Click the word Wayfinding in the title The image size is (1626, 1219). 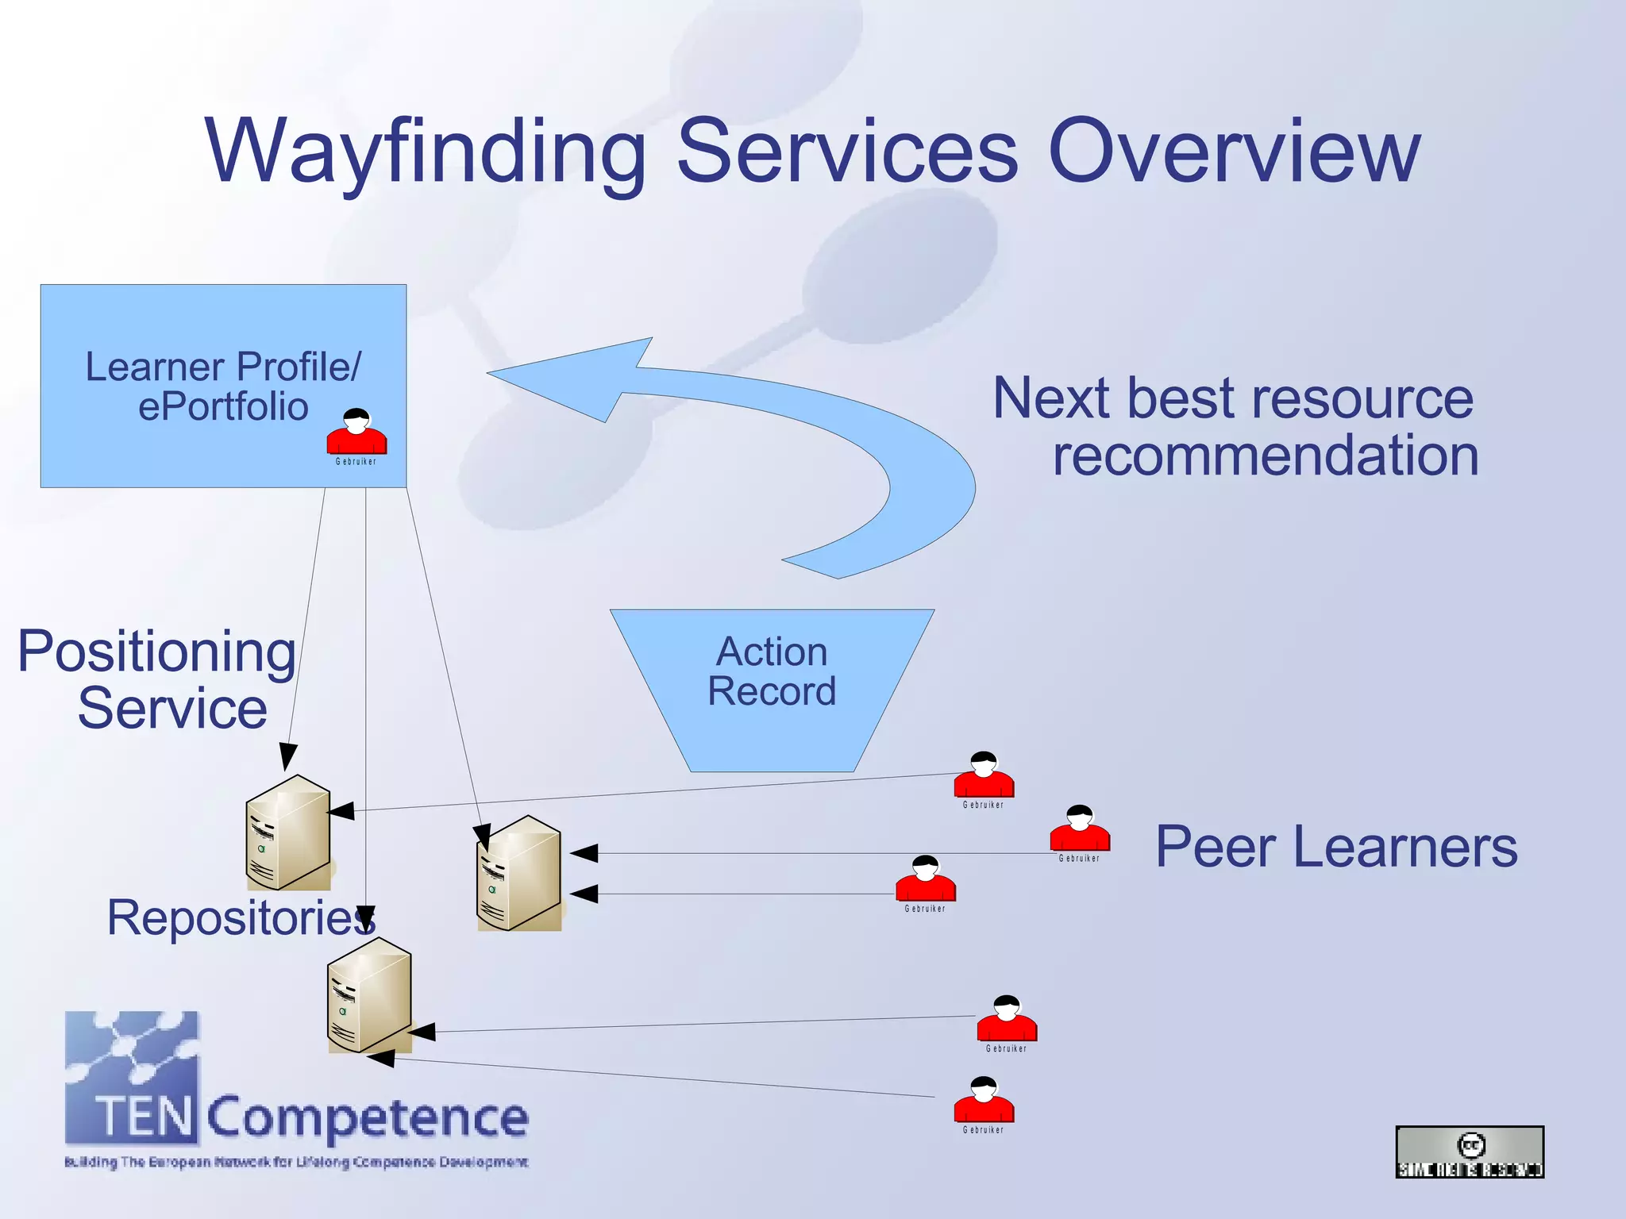(x=426, y=151)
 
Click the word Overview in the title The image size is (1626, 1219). (x=1234, y=151)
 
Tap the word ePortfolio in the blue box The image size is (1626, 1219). (x=223, y=407)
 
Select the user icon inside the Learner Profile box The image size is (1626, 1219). (x=356, y=432)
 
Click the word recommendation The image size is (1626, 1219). (x=1266, y=456)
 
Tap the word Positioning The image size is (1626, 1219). (x=156, y=652)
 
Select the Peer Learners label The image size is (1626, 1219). (x=1336, y=847)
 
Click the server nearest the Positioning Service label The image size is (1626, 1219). (x=287, y=833)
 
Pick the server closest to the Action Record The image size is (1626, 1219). (x=519, y=873)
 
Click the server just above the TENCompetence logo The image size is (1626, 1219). (x=369, y=995)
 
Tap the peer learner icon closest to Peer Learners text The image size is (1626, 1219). (x=1079, y=829)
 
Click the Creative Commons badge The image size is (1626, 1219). (x=1470, y=1152)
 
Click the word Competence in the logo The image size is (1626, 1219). (x=368, y=1117)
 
